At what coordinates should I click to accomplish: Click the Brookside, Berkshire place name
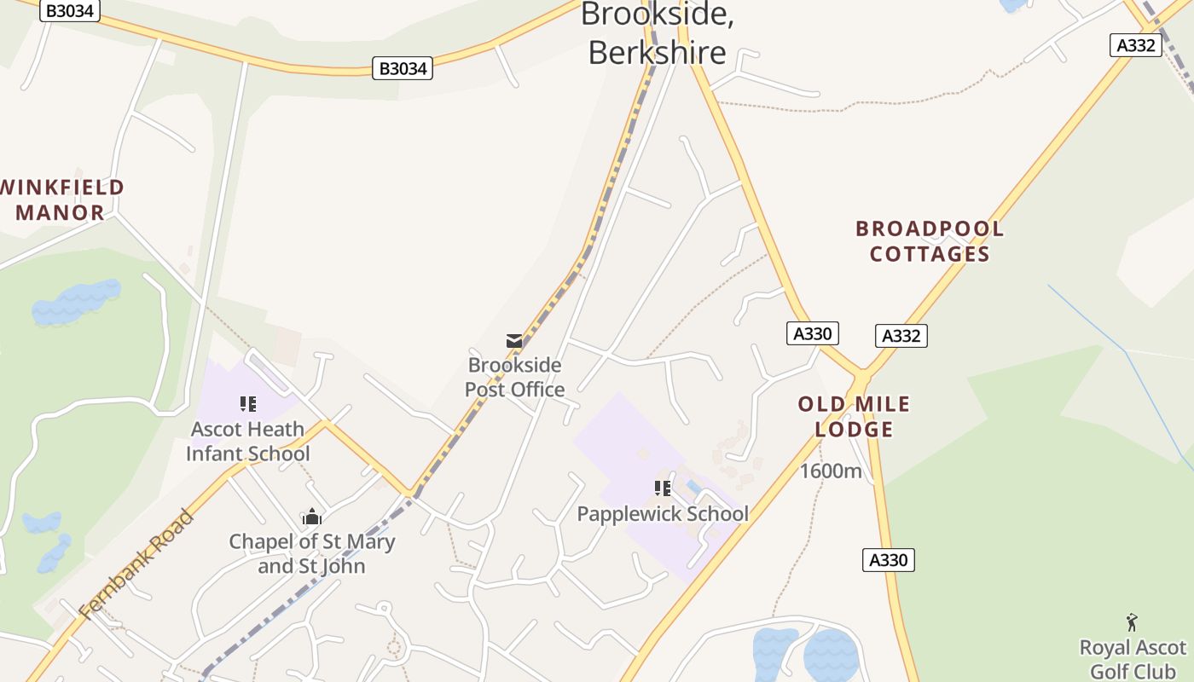657,33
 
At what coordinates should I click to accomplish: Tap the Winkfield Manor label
61,199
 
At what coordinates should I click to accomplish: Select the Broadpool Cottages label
930,241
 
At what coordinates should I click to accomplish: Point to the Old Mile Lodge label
854,416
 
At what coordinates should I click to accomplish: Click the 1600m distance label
831,471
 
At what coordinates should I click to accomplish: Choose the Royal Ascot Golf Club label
1133,659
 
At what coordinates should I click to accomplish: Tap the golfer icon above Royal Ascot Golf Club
1132,622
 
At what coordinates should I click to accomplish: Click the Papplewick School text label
663,514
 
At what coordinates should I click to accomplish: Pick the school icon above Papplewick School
663,488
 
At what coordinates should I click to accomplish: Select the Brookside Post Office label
515,377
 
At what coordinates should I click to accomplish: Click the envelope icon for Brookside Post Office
514,341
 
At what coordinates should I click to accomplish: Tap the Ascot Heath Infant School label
248,441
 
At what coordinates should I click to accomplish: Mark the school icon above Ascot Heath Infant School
248,404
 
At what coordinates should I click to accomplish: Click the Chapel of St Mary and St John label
312,553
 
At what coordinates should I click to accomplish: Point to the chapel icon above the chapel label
312,517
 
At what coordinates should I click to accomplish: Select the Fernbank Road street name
136,563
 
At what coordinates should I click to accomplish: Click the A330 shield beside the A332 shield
812,333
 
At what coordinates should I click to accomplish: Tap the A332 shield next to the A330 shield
901,336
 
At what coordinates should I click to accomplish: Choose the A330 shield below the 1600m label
888,560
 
